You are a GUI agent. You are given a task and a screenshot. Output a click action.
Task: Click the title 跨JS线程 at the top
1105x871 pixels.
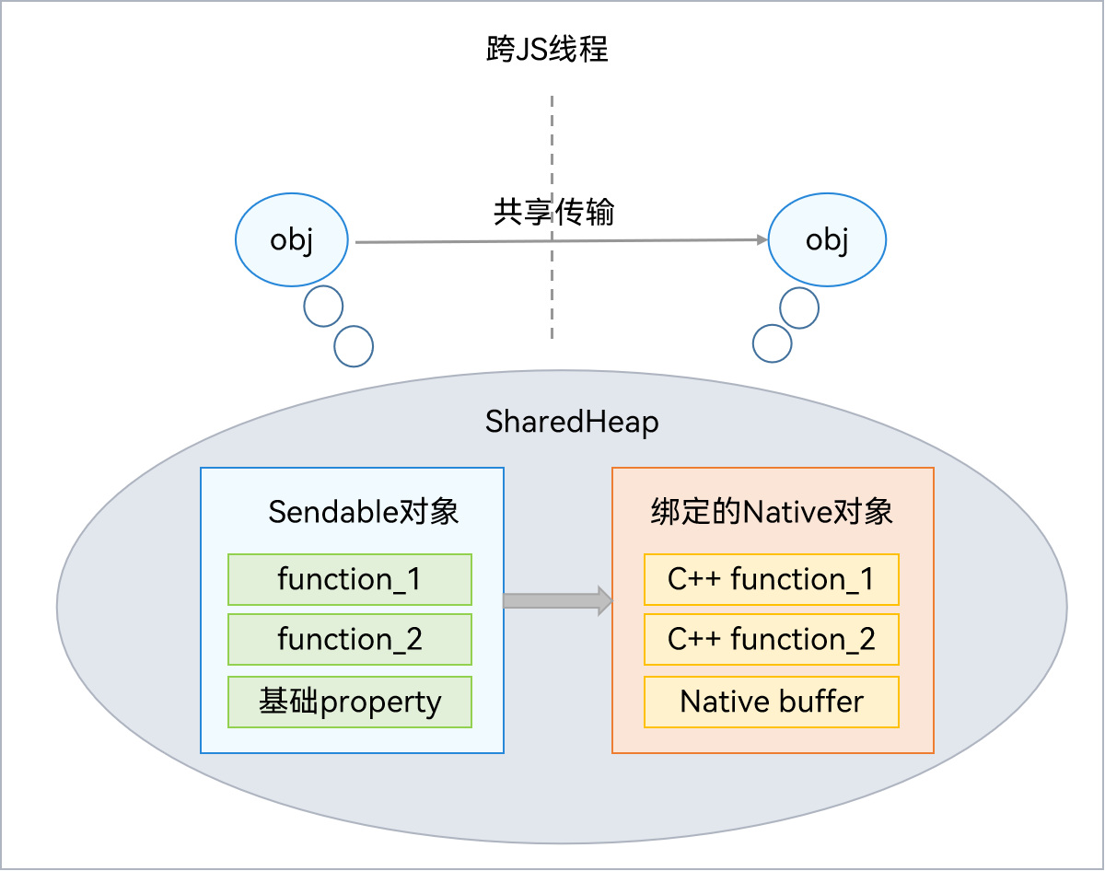(547, 49)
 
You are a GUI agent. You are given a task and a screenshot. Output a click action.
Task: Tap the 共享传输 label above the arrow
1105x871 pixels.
(553, 213)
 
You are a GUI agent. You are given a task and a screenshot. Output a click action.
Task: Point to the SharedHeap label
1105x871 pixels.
(572, 423)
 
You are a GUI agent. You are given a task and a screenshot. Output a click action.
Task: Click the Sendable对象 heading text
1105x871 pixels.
(363, 512)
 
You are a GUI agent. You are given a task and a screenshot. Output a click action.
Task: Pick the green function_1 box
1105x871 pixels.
(349, 579)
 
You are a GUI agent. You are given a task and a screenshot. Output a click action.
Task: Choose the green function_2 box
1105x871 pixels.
(349, 639)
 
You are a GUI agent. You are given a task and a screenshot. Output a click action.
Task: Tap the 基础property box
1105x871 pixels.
(349, 703)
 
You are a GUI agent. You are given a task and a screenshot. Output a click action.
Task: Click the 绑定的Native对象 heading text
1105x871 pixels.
(772, 512)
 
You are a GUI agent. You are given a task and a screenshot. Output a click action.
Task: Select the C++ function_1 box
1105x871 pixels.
(771, 579)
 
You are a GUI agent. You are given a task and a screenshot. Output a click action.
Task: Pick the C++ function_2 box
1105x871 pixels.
(771, 639)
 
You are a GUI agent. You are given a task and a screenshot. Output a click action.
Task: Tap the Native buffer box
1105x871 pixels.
(771, 703)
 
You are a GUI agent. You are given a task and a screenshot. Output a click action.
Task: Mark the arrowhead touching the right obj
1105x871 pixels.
(762, 240)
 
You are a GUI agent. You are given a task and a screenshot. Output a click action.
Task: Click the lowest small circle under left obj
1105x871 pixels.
(354, 346)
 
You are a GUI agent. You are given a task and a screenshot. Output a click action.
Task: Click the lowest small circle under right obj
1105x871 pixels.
(772, 343)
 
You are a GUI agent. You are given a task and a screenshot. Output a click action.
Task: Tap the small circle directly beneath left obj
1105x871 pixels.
(323, 307)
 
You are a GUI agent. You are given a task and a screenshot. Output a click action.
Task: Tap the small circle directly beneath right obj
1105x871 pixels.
(798, 309)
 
